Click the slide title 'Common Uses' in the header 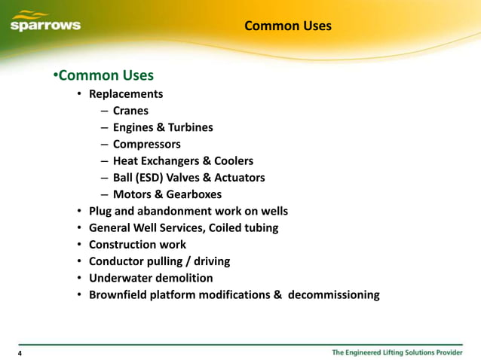pos(288,26)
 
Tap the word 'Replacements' pos(126,94)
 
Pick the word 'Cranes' pos(130,111)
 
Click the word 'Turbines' pos(190,127)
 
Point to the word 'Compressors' pos(147,144)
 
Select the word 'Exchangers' pos(171,161)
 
